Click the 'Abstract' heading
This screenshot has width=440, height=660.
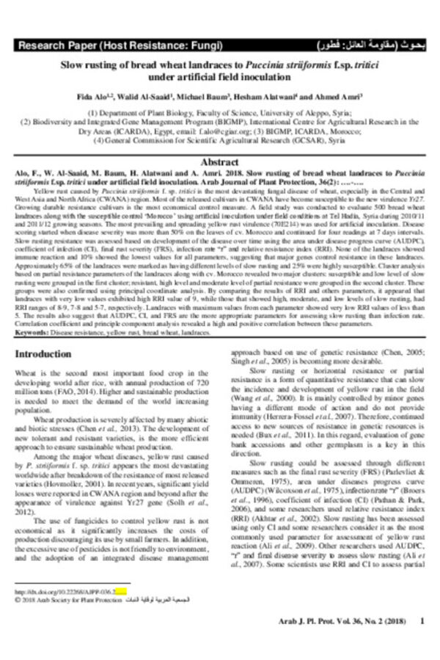[219, 161]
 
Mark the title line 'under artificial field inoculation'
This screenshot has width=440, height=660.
[219, 76]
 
